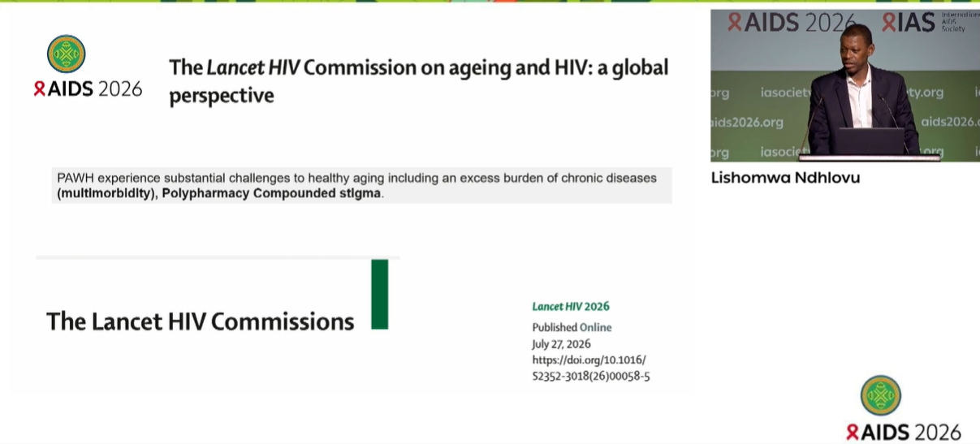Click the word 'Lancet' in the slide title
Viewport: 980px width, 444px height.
[x=236, y=68]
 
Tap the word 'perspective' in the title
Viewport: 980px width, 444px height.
[x=222, y=96]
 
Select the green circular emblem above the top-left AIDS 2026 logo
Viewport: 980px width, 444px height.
[x=66, y=54]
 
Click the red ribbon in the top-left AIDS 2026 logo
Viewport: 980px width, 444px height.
[x=39, y=88]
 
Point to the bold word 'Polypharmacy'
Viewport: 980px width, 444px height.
[x=205, y=193]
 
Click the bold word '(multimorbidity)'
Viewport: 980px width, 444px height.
[x=106, y=193]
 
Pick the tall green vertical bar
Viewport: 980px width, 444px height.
[x=379, y=294]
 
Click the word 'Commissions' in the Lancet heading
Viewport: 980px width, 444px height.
[x=283, y=321]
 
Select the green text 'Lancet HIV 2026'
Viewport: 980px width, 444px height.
[x=571, y=307]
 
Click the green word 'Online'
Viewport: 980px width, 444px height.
[x=595, y=327]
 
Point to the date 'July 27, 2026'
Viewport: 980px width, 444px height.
[x=561, y=344]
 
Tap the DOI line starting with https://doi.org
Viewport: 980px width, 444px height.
[x=589, y=360]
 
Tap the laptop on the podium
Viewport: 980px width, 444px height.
[x=871, y=140]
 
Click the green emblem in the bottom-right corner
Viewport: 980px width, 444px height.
[x=880, y=395]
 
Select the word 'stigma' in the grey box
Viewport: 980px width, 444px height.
[x=360, y=193]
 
